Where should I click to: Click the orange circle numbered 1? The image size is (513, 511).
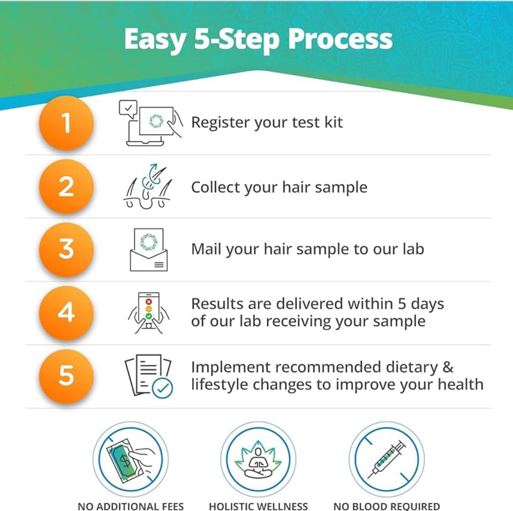click(66, 123)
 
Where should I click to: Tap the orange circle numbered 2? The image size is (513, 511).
click(66, 186)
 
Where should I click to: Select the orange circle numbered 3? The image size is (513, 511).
click(66, 249)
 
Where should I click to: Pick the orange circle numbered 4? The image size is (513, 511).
click(66, 313)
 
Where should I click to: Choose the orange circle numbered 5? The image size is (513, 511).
click(66, 376)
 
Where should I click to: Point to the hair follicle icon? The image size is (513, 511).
click(148, 187)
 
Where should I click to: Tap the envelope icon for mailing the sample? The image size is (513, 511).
click(148, 250)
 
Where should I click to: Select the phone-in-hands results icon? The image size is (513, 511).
click(148, 313)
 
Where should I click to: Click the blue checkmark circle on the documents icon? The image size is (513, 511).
click(162, 388)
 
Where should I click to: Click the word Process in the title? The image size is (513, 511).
click(340, 39)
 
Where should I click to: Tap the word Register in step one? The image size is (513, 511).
click(220, 123)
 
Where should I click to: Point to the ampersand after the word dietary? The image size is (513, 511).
click(447, 367)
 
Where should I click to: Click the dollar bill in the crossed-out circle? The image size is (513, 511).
click(125, 461)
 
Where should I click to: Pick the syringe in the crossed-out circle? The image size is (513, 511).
click(387, 460)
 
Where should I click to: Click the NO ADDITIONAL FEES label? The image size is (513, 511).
click(130, 506)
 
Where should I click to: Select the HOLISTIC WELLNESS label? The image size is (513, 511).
click(258, 506)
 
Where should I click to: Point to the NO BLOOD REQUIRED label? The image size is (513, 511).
click(386, 506)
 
